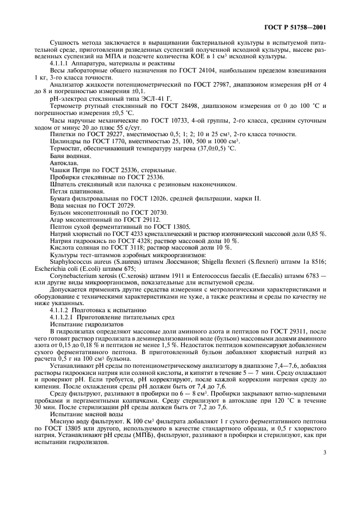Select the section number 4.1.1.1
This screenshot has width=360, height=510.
[x=63, y=64]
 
